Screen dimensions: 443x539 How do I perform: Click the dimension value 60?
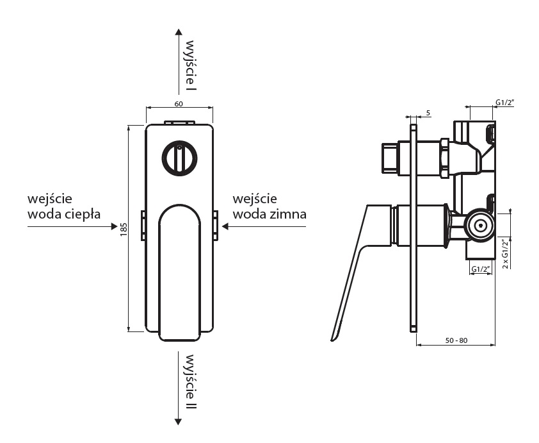coord(179,104)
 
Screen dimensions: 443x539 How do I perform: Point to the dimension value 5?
coord(428,113)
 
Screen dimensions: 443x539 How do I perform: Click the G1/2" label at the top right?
coord(506,102)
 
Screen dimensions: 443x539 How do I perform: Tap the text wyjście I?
coord(190,68)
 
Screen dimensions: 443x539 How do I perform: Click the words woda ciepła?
coord(65,213)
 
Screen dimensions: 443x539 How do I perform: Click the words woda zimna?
coord(269,213)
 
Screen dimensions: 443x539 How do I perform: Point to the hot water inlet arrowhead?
coord(115,226)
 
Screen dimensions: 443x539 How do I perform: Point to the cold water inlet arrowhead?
coord(225,226)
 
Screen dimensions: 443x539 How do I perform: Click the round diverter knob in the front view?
coord(179,158)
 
